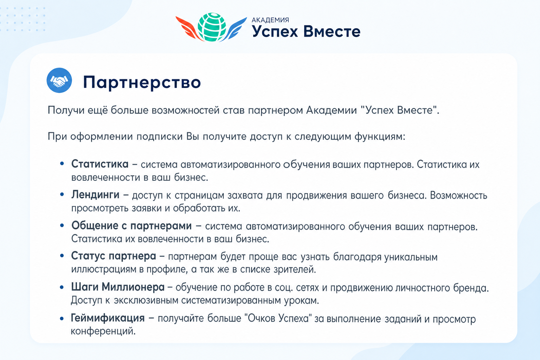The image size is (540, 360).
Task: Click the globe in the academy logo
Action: [212, 27]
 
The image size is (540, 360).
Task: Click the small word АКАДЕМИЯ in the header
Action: [270, 20]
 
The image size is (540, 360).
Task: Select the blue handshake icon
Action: [59, 80]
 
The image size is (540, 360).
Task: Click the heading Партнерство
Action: [142, 83]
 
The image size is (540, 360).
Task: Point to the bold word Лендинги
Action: [95, 194]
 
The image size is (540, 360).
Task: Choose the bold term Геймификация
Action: [108, 318]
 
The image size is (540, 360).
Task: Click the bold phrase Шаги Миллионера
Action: [118, 287]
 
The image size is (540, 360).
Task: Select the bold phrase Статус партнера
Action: [114, 256]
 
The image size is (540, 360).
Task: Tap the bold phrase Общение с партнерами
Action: [131, 226]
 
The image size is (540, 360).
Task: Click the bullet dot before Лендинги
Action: [62, 194]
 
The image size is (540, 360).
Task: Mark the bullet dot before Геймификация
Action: [62, 319]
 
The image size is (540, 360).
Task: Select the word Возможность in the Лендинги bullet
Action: [458, 195]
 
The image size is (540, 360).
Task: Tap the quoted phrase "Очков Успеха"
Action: [278, 318]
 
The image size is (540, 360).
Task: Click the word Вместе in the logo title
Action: [332, 32]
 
